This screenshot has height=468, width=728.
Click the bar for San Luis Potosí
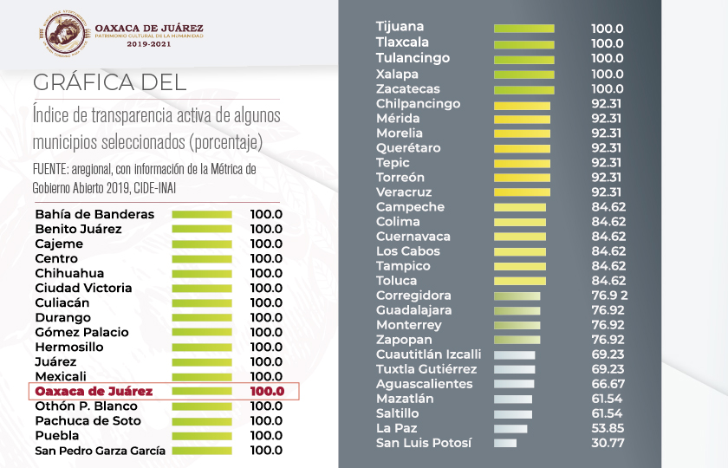(x=505, y=443)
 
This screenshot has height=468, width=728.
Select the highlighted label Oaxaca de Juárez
(x=94, y=391)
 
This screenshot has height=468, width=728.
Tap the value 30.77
(x=608, y=443)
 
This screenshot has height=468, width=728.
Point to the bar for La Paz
(x=510, y=428)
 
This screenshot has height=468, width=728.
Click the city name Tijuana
(x=400, y=28)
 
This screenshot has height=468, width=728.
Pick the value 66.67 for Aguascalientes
(x=608, y=384)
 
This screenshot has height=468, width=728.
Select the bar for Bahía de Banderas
(x=202, y=214)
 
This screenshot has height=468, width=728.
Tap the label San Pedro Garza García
(x=100, y=451)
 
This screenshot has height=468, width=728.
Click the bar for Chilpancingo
(x=523, y=104)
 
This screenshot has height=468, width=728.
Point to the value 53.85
(x=608, y=428)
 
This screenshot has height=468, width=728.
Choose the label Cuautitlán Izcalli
(x=428, y=354)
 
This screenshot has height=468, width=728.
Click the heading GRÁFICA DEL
(x=109, y=82)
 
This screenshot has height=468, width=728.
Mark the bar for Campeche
(x=520, y=207)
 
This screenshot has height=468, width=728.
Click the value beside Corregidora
(x=608, y=296)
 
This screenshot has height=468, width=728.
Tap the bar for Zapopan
(x=517, y=340)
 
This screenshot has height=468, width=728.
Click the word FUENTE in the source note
(x=50, y=168)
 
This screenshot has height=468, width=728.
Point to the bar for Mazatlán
(x=513, y=399)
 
